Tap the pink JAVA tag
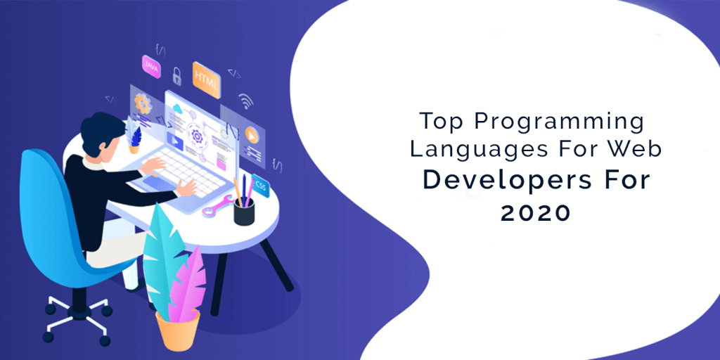click(x=151, y=65)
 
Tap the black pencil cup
click(x=244, y=210)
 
